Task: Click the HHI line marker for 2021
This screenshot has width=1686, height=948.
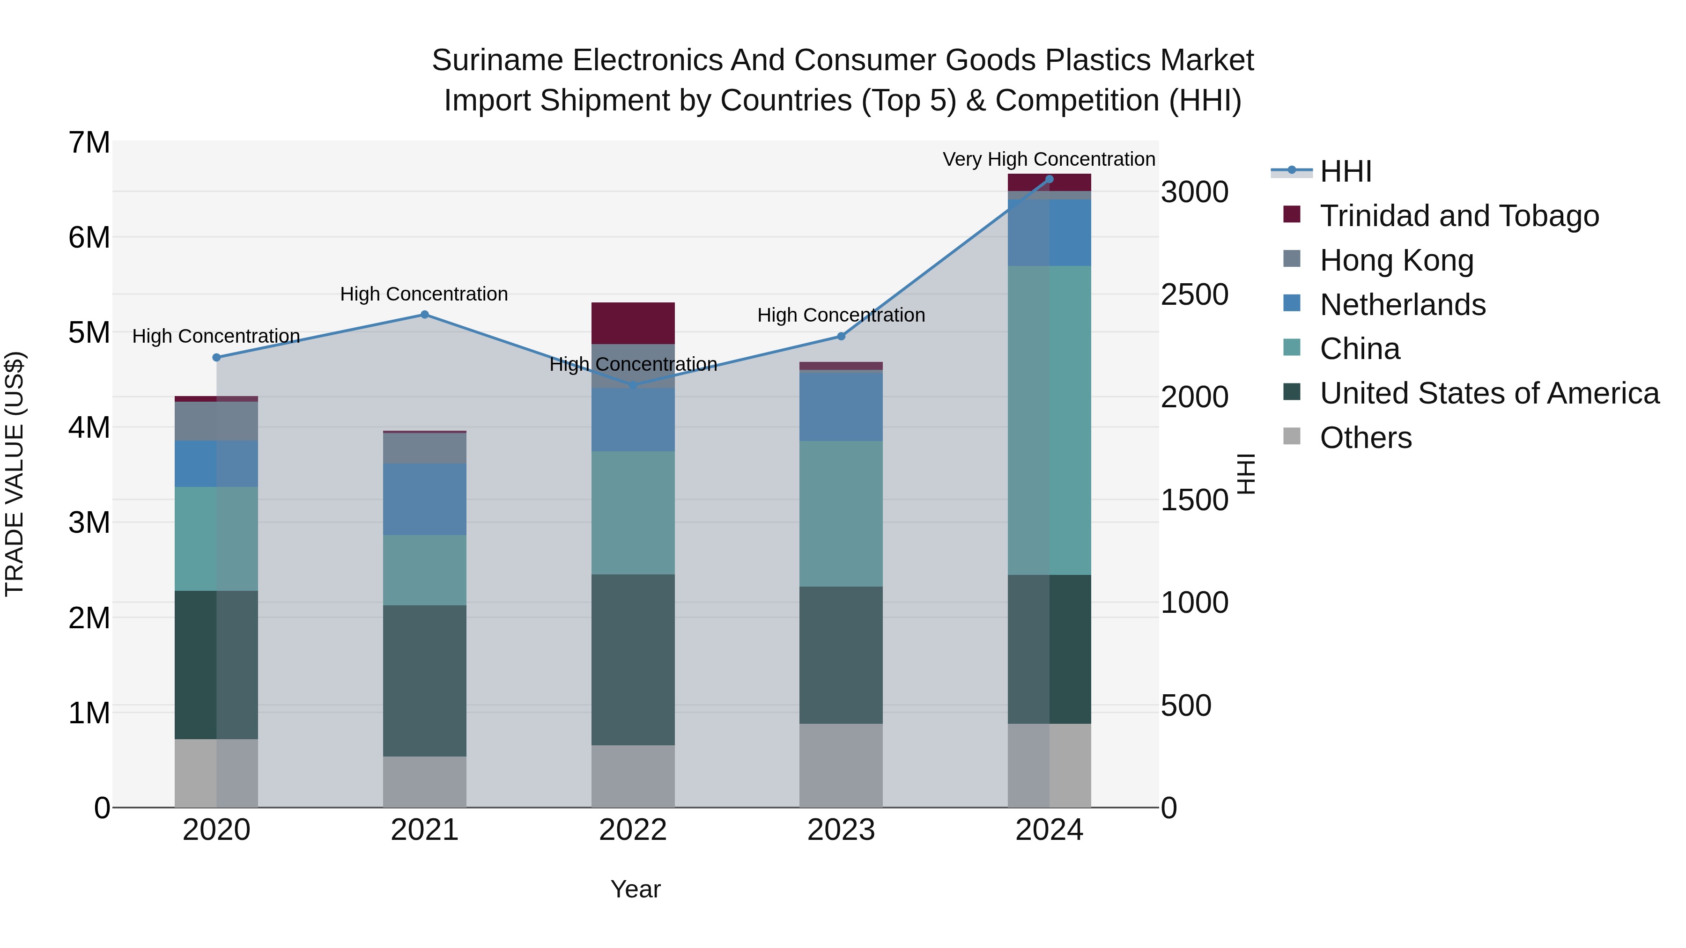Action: click(424, 315)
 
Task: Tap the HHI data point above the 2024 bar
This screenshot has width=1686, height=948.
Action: click(1049, 179)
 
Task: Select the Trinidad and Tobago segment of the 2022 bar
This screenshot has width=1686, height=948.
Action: click(633, 323)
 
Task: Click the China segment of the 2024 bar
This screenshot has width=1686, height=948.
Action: click(1049, 420)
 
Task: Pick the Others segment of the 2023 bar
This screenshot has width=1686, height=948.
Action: click(841, 765)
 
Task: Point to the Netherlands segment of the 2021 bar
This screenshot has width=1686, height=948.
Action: click(424, 499)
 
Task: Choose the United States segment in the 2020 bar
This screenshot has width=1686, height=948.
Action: click(216, 665)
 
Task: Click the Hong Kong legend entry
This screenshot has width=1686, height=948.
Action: click(1396, 260)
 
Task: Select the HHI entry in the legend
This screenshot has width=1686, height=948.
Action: click(1345, 171)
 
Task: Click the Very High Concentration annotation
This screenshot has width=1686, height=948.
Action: click(1049, 159)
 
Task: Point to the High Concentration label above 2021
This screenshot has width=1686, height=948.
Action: click(424, 294)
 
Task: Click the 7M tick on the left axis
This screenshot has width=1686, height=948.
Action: click(89, 143)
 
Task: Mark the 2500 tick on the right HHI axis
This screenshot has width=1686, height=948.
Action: click(1194, 294)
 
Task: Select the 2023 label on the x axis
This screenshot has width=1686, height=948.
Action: click(841, 830)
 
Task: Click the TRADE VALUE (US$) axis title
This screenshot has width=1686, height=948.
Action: click(15, 474)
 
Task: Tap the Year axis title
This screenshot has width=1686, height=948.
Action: click(635, 889)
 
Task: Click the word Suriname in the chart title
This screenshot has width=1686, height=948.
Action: click(497, 60)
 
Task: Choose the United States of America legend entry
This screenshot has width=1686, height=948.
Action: click(1489, 393)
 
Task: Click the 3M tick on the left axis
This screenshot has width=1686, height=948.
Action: click(89, 522)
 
